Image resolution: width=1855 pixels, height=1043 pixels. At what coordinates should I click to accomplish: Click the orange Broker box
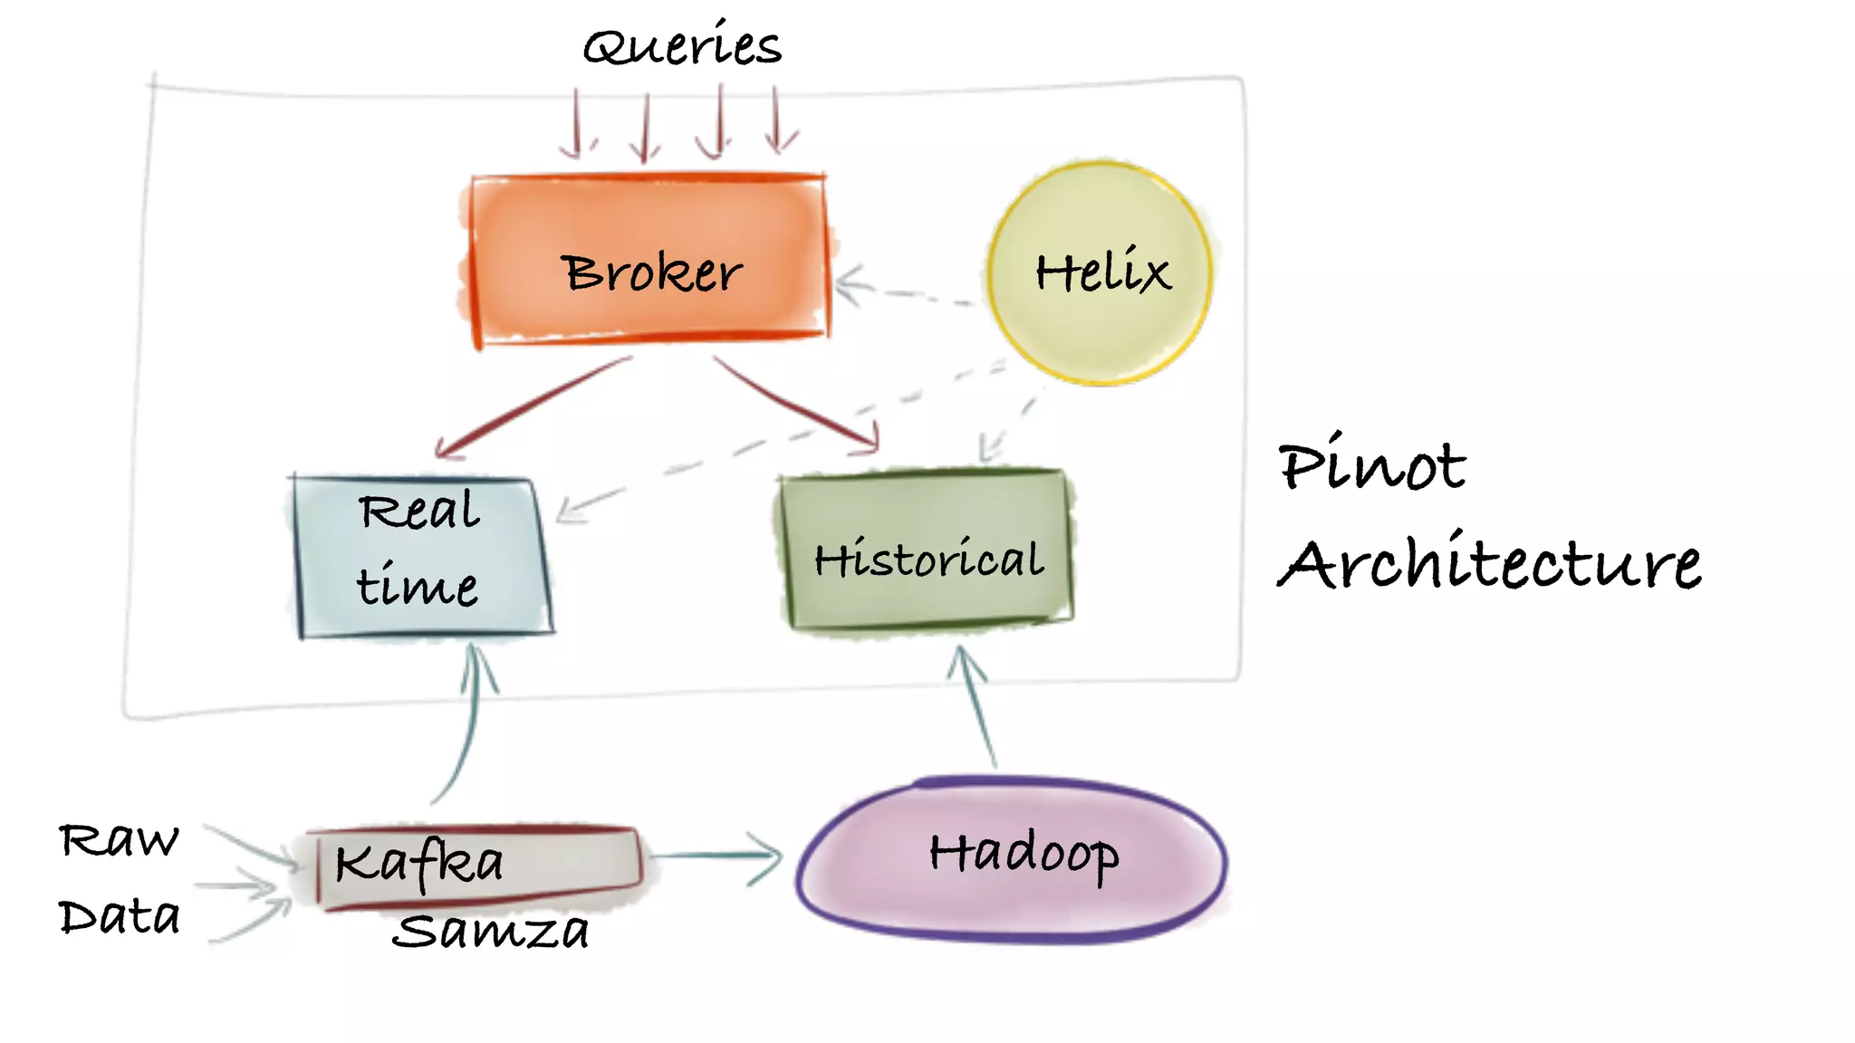click(649, 258)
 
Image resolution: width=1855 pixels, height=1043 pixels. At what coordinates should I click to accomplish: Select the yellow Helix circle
click(1100, 272)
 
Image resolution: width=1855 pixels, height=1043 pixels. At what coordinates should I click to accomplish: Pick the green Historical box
click(926, 549)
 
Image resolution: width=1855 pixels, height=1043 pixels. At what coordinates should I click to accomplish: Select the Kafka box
click(478, 865)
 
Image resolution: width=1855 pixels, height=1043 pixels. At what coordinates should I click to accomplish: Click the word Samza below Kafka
click(490, 931)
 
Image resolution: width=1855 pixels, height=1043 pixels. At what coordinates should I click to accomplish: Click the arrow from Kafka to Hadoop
click(716, 856)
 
